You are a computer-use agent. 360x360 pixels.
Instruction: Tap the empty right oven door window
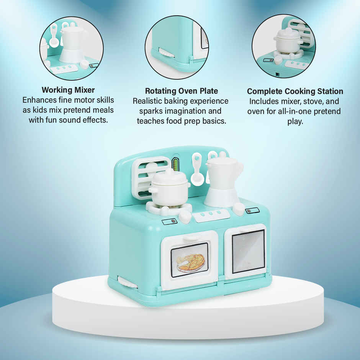coord(248,251)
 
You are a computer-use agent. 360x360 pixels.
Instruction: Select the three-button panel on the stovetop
coord(210,216)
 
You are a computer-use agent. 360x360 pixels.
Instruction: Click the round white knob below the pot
coord(185,217)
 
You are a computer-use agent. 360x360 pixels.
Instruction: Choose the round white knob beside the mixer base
coord(238,209)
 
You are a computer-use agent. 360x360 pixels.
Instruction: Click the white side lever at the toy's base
coord(128,283)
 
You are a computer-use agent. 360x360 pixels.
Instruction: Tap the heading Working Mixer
coord(68,90)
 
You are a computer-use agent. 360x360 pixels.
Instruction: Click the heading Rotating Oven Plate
coord(181,91)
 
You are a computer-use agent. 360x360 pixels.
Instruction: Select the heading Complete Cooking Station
coord(295,92)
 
